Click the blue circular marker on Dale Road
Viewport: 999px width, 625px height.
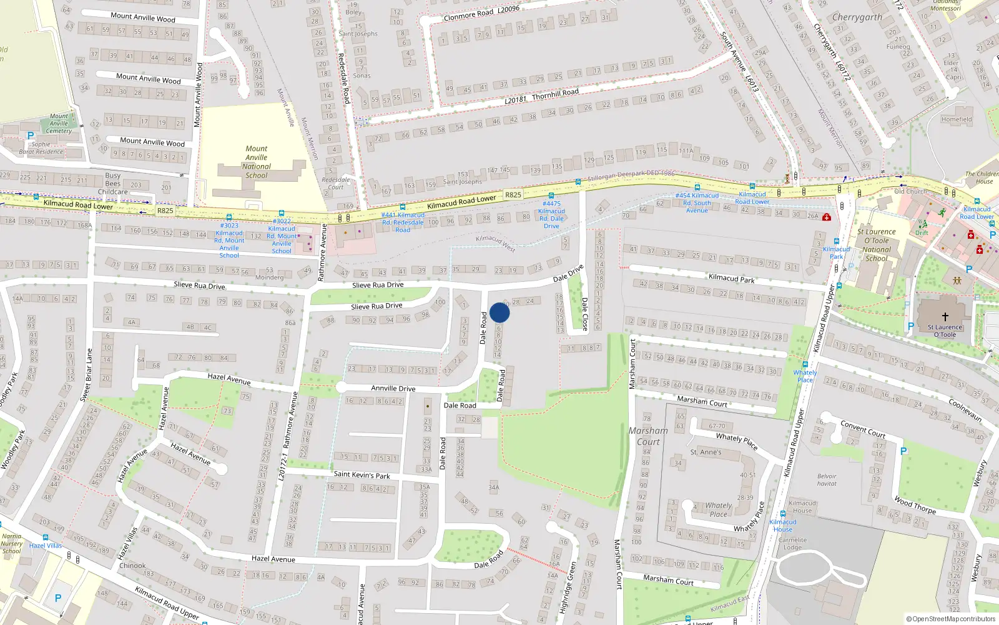click(x=499, y=312)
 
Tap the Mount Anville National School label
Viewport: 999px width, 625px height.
click(x=257, y=162)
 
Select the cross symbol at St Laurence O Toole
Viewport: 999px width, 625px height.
click(x=945, y=317)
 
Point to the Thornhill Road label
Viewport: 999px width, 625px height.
click(x=555, y=94)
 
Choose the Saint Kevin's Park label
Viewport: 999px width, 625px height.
click(x=362, y=475)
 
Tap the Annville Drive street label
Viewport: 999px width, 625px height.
click(x=393, y=388)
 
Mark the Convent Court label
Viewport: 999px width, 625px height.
click(x=863, y=429)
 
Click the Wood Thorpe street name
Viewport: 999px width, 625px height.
click(x=915, y=505)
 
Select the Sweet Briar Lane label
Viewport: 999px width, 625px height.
click(x=88, y=375)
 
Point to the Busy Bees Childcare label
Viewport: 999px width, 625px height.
click(x=113, y=184)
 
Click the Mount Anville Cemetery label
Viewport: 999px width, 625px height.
click(x=59, y=124)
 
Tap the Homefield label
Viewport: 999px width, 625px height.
click(x=957, y=119)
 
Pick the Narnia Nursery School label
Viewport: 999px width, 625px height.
click(x=11, y=544)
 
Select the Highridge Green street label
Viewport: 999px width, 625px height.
click(x=568, y=587)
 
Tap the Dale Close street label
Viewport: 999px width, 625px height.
click(x=585, y=314)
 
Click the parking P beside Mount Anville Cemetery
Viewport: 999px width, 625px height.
click(x=30, y=135)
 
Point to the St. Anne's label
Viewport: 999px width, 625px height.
click(x=706, y=452)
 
